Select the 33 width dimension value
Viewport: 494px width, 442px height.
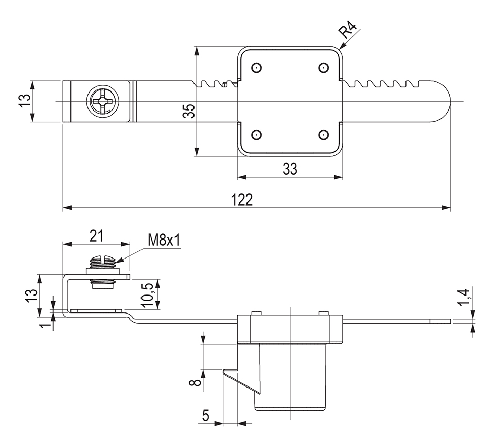(x=290, y=169)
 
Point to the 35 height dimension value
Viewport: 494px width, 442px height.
(x=189, y=111)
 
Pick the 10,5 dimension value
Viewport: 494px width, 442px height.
(x=149, y=294)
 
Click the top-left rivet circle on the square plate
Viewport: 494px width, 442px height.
(x=256, y=68)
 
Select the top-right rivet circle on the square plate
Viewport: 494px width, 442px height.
(x=323, y=68)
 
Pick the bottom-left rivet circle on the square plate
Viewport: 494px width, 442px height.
(x=256, y=135)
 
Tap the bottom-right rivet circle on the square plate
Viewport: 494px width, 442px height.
(x=323, y=135)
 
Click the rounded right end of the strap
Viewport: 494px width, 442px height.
(x=440, y=101)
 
